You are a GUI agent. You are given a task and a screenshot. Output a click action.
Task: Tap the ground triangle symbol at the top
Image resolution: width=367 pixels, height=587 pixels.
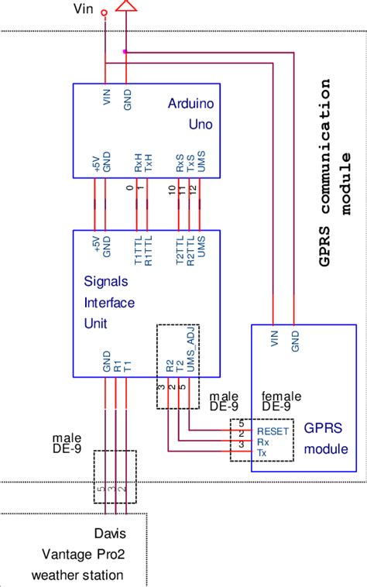(125, 7)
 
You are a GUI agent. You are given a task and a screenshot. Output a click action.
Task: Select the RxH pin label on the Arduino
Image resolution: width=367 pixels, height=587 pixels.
(138, 163)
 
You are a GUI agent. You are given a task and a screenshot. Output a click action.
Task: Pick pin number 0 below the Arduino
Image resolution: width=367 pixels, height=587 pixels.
(130, 188)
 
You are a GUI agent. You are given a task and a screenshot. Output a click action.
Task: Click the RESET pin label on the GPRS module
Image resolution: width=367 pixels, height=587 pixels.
(273, 431)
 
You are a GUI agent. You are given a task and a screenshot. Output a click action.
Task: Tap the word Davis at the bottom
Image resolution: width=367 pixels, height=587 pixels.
(108, 534)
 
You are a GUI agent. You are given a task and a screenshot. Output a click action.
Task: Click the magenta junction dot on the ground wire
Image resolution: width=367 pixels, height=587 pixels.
(125, 52)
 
